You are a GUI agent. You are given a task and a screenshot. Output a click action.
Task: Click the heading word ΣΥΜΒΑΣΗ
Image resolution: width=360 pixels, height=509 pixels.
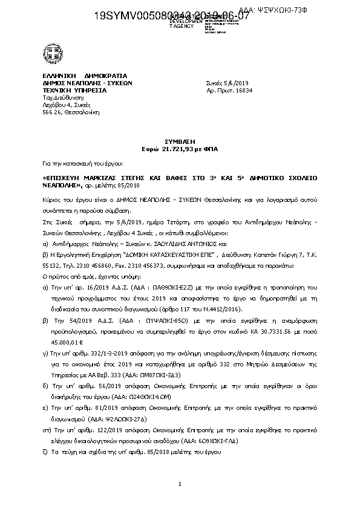point(180,139)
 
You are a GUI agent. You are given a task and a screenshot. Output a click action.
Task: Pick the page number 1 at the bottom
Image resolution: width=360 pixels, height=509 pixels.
point(180,484)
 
